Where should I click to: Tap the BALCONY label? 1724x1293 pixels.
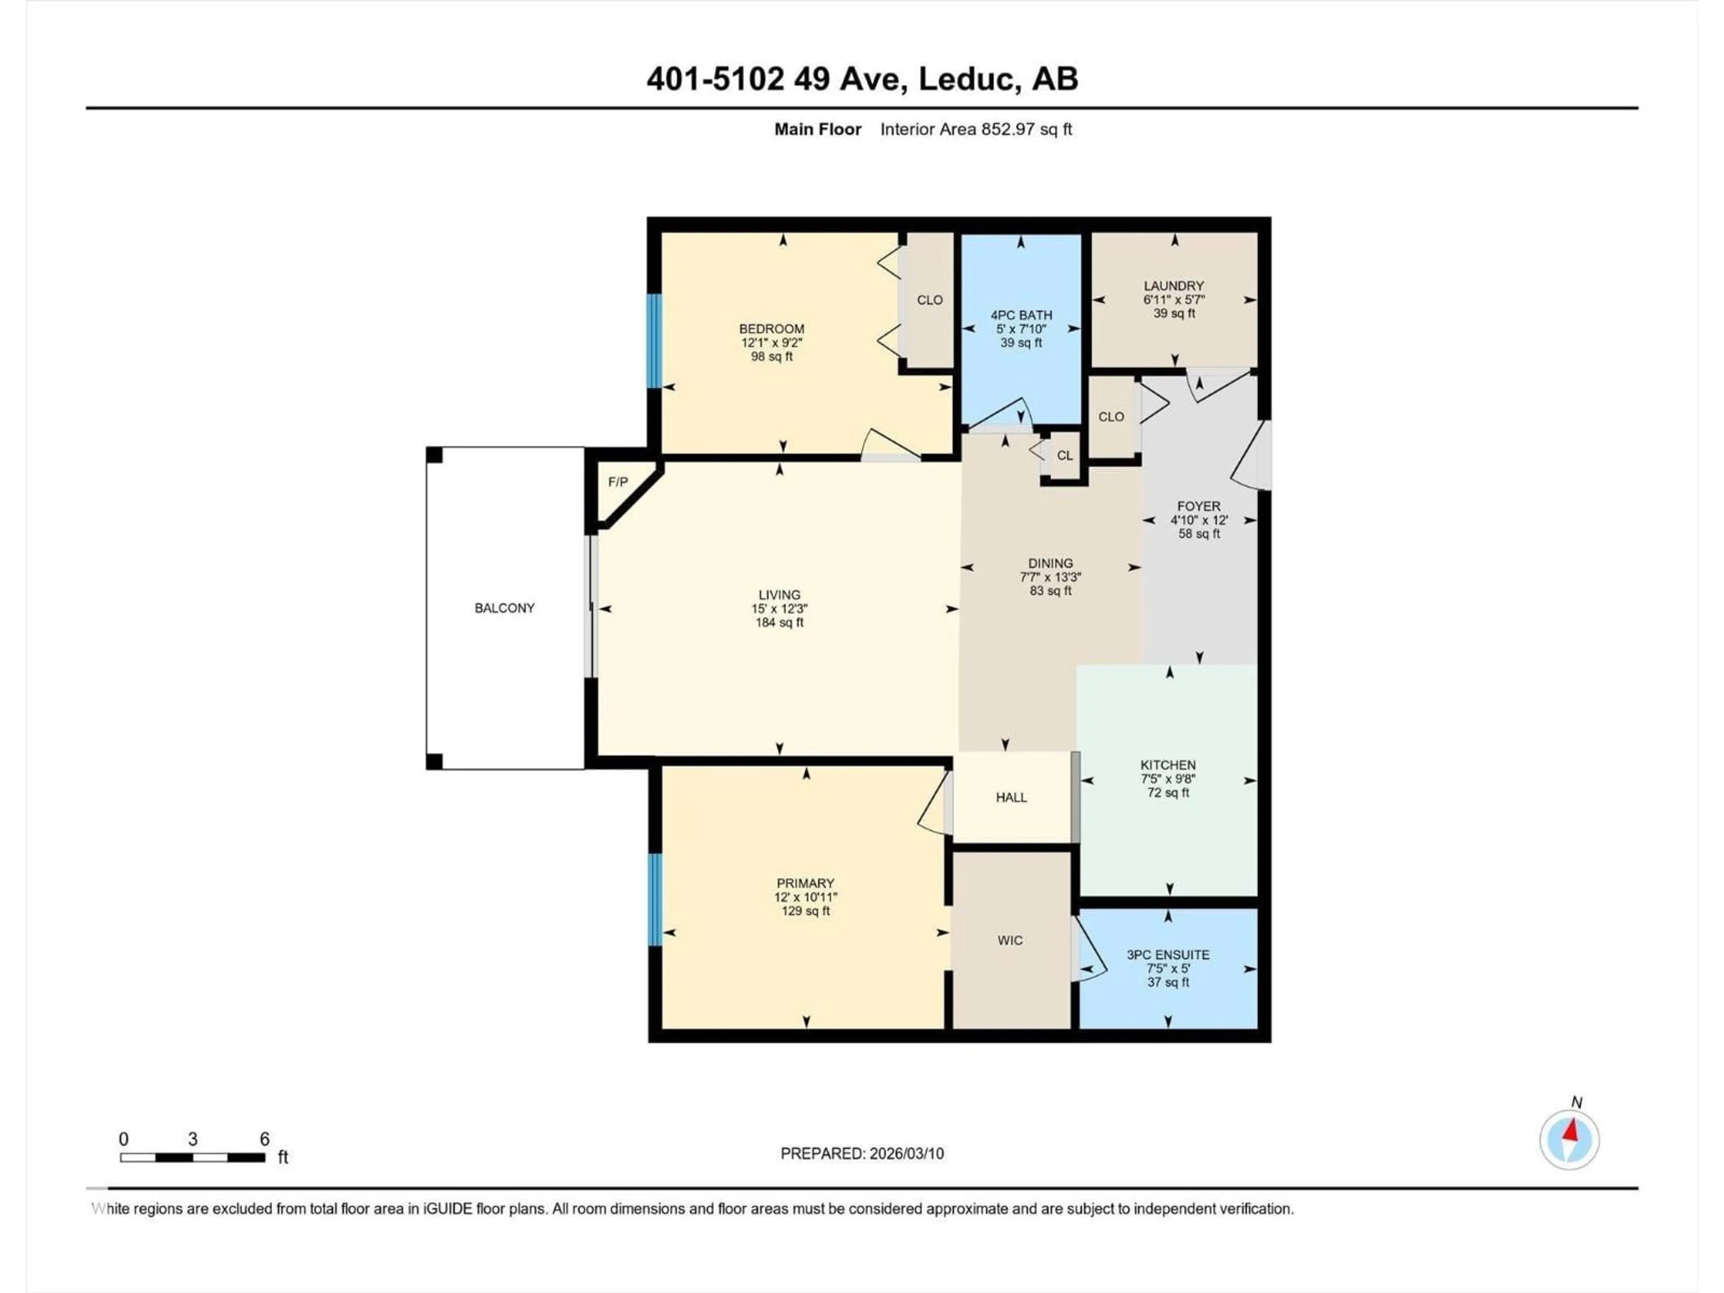(504, 608)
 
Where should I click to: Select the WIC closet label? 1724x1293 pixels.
(1010, 941)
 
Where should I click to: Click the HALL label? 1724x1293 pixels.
(1011, 797)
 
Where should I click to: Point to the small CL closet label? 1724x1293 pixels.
(1064, 455)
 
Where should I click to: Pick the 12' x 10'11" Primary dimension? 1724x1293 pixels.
(805, 897)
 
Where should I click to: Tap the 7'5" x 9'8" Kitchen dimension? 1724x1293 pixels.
(1168, 778)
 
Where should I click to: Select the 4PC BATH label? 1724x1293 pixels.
(1021, 315)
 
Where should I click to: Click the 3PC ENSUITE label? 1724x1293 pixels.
(1168, 955)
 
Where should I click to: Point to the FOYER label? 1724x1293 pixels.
(1199, 506)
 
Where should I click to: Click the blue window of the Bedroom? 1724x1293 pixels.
(655, 341)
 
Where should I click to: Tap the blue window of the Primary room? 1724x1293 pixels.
(655, 900)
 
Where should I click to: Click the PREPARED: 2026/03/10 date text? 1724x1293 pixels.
(862, 1153)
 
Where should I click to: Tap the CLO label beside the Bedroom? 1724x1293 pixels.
(929, 300)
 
